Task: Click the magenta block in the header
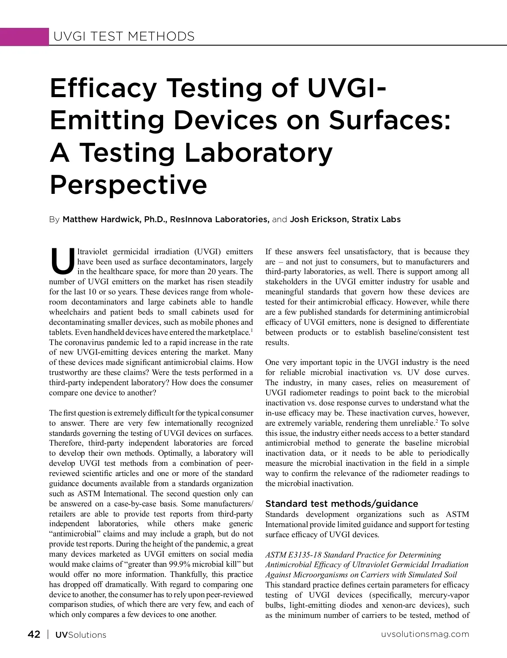coord(25,36)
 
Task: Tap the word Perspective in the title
coord(128,184)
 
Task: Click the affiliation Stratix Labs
coord(376,220)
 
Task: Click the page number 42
coord(34,634)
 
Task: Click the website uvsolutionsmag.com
coord(425,634)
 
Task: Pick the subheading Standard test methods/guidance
coord(341,503)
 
